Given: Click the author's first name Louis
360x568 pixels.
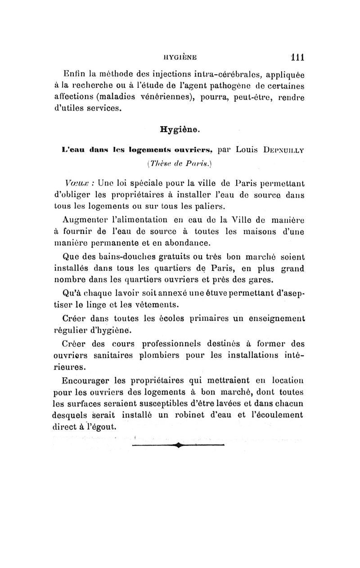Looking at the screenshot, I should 252,148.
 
